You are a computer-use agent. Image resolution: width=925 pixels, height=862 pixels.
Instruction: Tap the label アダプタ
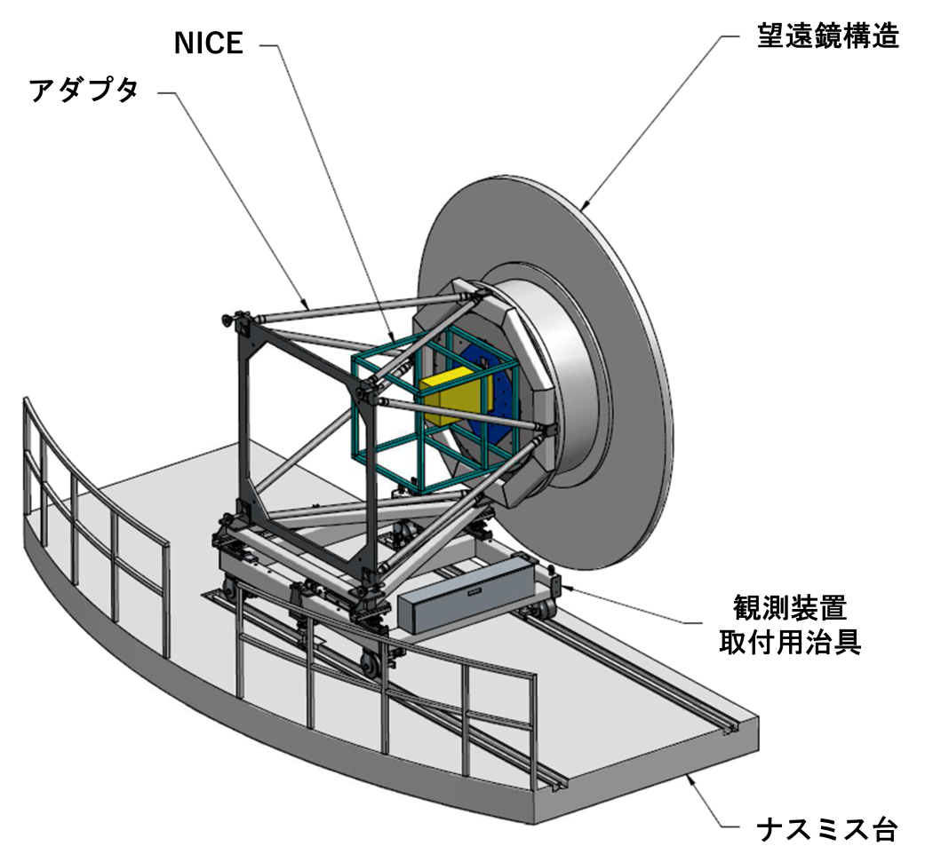(84, 91)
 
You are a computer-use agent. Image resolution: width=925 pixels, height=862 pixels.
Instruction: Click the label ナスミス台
(827, 830)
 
